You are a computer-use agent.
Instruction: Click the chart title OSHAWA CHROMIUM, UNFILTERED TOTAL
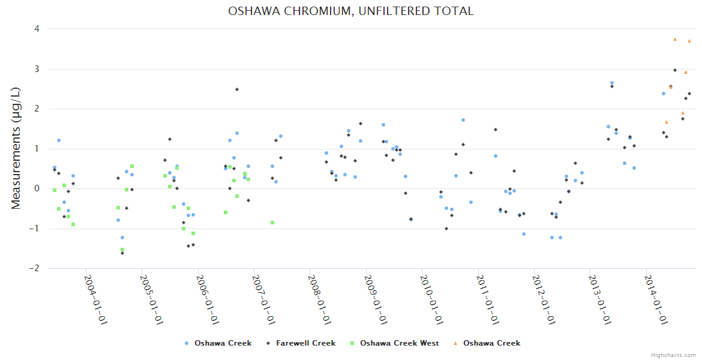pos(351,11)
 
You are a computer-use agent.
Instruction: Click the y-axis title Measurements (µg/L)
pos(16,148)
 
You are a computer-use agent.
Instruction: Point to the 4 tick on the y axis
pos(37,29)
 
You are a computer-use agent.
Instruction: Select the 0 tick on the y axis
pos(37,188)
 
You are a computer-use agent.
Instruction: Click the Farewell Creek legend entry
pos(305,343)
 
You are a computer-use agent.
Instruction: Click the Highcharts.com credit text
pos(674,355)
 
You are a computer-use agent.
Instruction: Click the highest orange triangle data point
pos(675,39)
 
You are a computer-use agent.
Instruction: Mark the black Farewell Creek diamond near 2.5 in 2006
pos(237,89)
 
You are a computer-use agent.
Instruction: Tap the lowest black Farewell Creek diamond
pos(122,253)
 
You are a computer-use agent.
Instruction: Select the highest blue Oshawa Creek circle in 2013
pos(612,83)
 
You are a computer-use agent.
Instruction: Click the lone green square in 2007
pos(272,223)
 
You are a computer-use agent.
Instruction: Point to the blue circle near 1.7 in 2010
pos(463,120)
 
